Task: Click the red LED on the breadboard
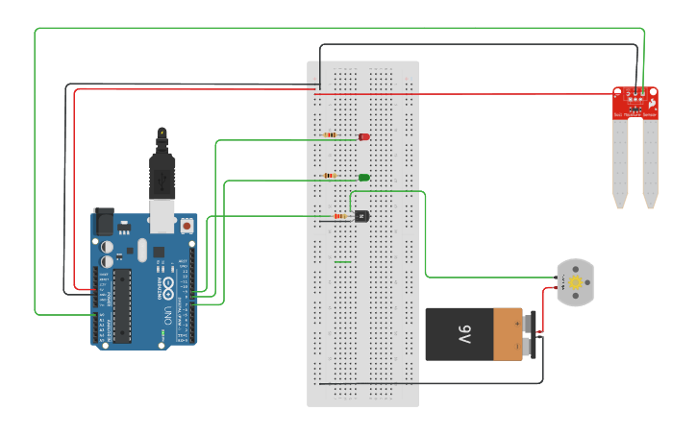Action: pos(364,137)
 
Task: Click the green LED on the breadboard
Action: pos(364,178)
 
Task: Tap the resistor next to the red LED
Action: pos(331,135)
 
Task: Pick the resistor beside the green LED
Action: pos(331,176)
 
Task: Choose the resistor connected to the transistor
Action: pos(339,216)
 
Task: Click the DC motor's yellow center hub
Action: pos(575,282)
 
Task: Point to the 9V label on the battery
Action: pos(464,334)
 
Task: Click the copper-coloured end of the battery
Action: pos(508,334)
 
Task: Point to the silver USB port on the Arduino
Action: pos(164,219)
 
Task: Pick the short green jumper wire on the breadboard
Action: pos(342,261)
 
